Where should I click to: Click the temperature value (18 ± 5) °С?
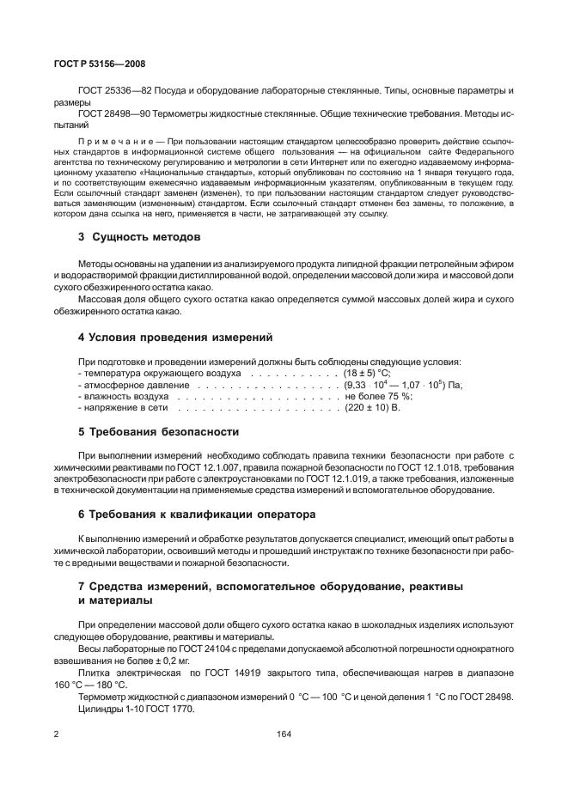point(367,374)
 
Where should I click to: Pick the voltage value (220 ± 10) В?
point(372,407)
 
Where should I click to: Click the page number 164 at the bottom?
point(284,734)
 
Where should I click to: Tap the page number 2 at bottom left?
point(56,734)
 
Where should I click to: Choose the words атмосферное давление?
point(134,385)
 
